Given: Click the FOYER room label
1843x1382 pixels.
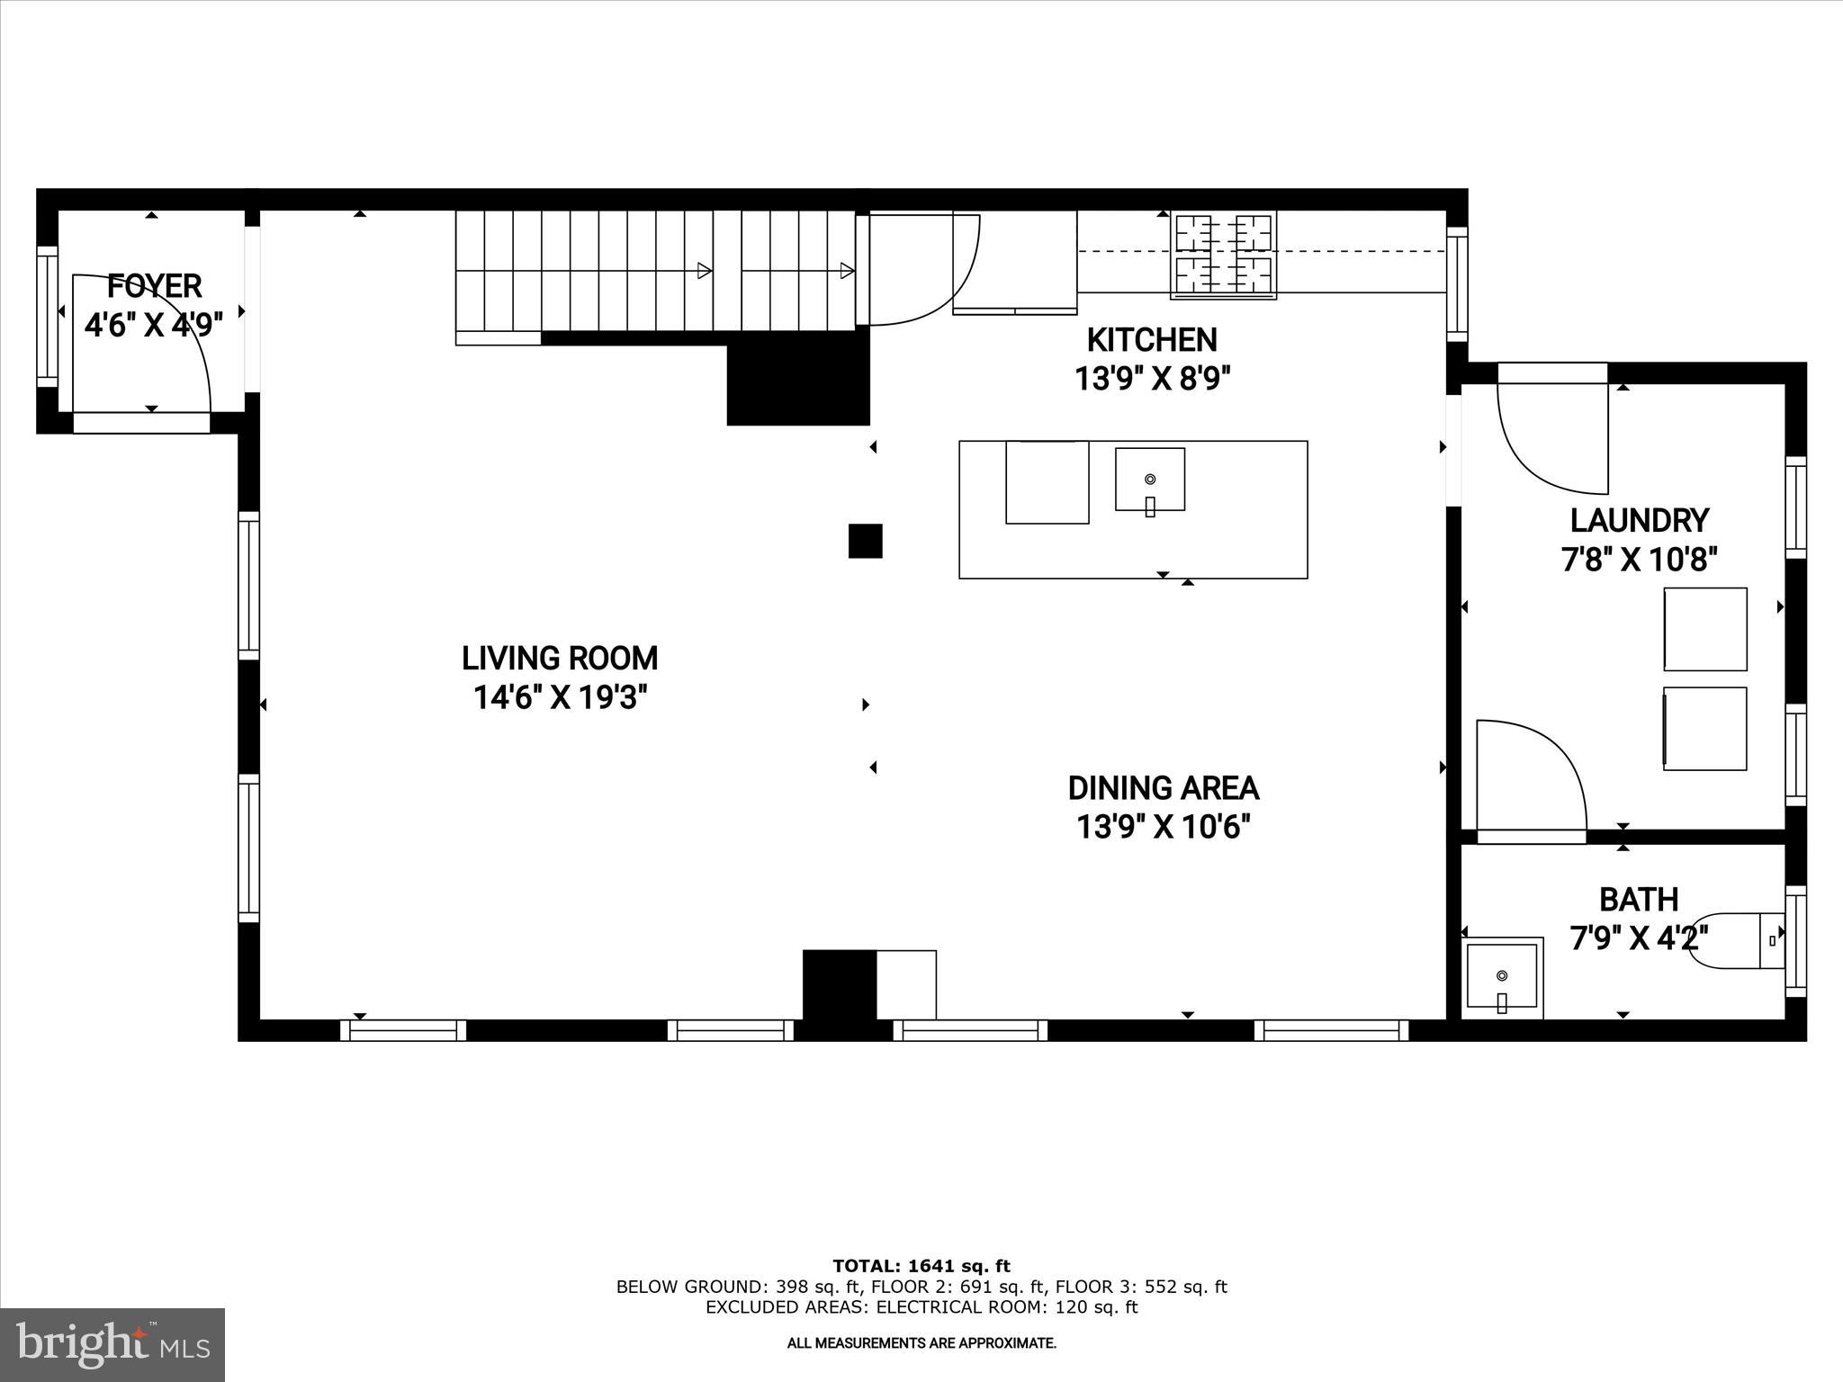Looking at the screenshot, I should (x=154, y=287).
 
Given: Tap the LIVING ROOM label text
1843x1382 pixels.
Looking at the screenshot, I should (x=560, y=659).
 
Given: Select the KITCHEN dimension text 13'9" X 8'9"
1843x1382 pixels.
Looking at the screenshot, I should (x=1152, y=379).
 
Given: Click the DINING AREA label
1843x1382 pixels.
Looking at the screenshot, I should (x=1163, y=788).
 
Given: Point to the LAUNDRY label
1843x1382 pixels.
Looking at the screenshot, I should (x=1639, y=521).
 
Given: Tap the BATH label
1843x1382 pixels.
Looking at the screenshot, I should (x=1638, y=900).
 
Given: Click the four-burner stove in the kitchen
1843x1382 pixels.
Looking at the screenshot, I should (x=1223, y=256).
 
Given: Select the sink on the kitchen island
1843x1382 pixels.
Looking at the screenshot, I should (x=1149, y=480).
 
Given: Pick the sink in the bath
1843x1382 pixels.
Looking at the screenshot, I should (x=1501, y=977).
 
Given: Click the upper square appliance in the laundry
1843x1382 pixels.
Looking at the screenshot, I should (x=1704, y=629).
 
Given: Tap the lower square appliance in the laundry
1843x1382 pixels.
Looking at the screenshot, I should (x=1704, y=729).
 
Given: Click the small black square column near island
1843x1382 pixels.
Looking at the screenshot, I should (x=865, y=542).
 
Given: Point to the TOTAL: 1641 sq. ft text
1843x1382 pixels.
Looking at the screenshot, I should (x=921, y=1267).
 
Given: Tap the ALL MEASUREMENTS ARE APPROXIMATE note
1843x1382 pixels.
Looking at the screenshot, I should (x=921, y=1344).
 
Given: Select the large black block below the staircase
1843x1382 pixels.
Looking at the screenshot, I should (x=797, y=378).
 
